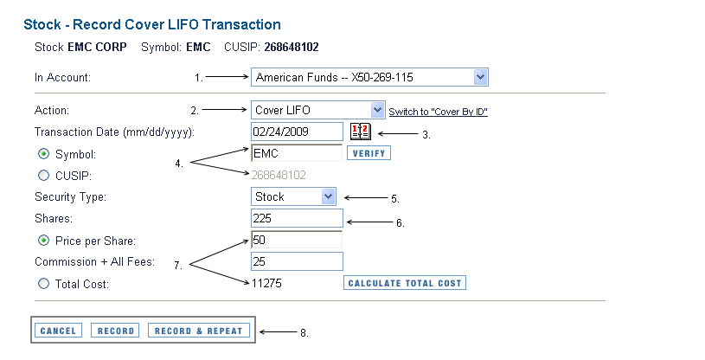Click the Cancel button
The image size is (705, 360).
pyautogui.click(x=59, y=331)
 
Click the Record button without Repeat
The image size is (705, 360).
pyautogui.click(x=116, y=331)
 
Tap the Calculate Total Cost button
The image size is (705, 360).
pyautogui.click(x=405, y=283)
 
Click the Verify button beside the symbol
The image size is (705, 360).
pyautogui.click(x=369, y=153)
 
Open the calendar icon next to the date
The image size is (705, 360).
pyautogui.click(x=361, y=132)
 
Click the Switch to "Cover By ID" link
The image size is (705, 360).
pyautogui.click(x=438, y=112)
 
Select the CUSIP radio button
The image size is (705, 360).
pyautogui.click(x=43, y=176)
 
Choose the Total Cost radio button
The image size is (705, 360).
pyautogui.click(x=43, y=284)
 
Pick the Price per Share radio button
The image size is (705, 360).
pyautogui.click(x=43, y=241)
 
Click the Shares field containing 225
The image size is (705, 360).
pyautogui.click(x=297, y=218)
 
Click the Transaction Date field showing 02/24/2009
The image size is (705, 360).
pyautogui.click(x=297, y=132)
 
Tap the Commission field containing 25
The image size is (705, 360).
pyautogui.click(x=297, y=261)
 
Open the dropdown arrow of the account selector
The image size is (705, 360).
pyautogui.click(x=480, y=77)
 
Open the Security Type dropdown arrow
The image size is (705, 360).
pyautogui.click(x=328, y=196)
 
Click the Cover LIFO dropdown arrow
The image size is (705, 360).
pyautogui.click(x=377, y=110)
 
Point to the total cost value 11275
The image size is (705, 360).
pyautogui.click(x=266, y=283)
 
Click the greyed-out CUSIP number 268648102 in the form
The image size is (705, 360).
pyautogui.click(x=279, y=175)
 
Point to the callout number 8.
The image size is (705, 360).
pyautogui.click(x=304, y=333)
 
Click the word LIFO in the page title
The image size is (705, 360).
pyautogui.click(x=183, y=24)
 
